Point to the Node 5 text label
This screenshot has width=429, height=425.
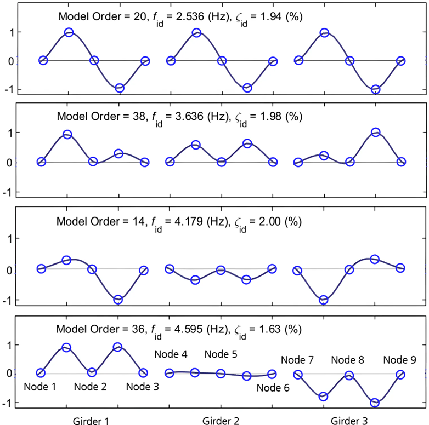point(221,354)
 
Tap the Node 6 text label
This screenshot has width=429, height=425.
point(273,388)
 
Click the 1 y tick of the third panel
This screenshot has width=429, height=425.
point(9,239)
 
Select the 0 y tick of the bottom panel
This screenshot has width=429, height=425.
point(9,373)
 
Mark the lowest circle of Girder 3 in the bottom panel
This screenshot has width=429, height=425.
point(375,403)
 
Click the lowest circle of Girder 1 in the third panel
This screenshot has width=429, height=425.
point(118,300)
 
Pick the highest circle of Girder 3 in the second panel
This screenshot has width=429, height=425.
point(375,133)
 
